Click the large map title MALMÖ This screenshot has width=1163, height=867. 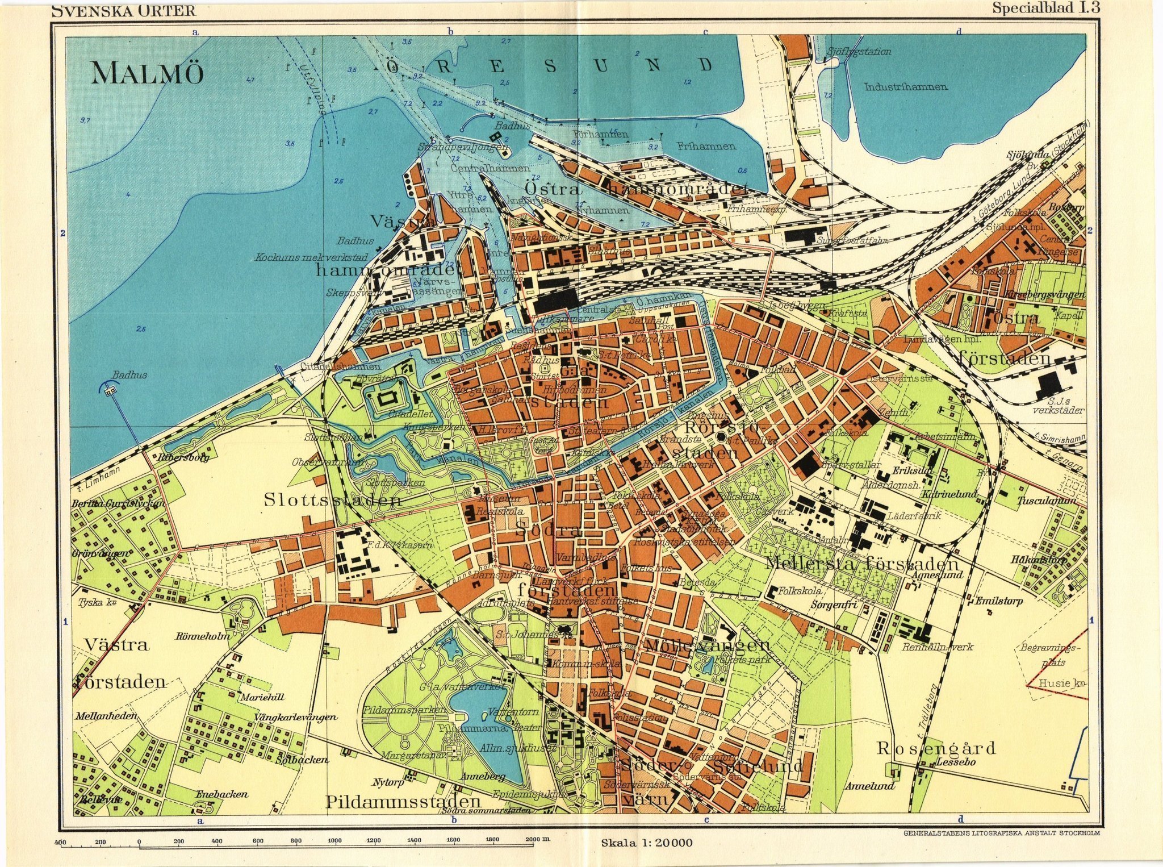click(147, 73)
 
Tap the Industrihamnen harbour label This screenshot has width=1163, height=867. click(905, 87)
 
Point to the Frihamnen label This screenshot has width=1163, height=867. click(706, 146)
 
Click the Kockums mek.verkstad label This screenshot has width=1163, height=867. click(311, 257)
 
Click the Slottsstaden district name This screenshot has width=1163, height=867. click(333, 501)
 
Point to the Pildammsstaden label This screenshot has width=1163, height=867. click(403, 802)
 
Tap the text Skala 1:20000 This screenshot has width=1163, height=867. click(647, 843)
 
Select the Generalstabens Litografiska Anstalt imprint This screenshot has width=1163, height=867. click(1001, 833)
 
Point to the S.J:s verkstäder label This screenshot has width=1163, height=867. click(1058, 406)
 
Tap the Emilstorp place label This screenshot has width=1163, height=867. click(999, 601)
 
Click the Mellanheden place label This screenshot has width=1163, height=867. click(106, 716)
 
